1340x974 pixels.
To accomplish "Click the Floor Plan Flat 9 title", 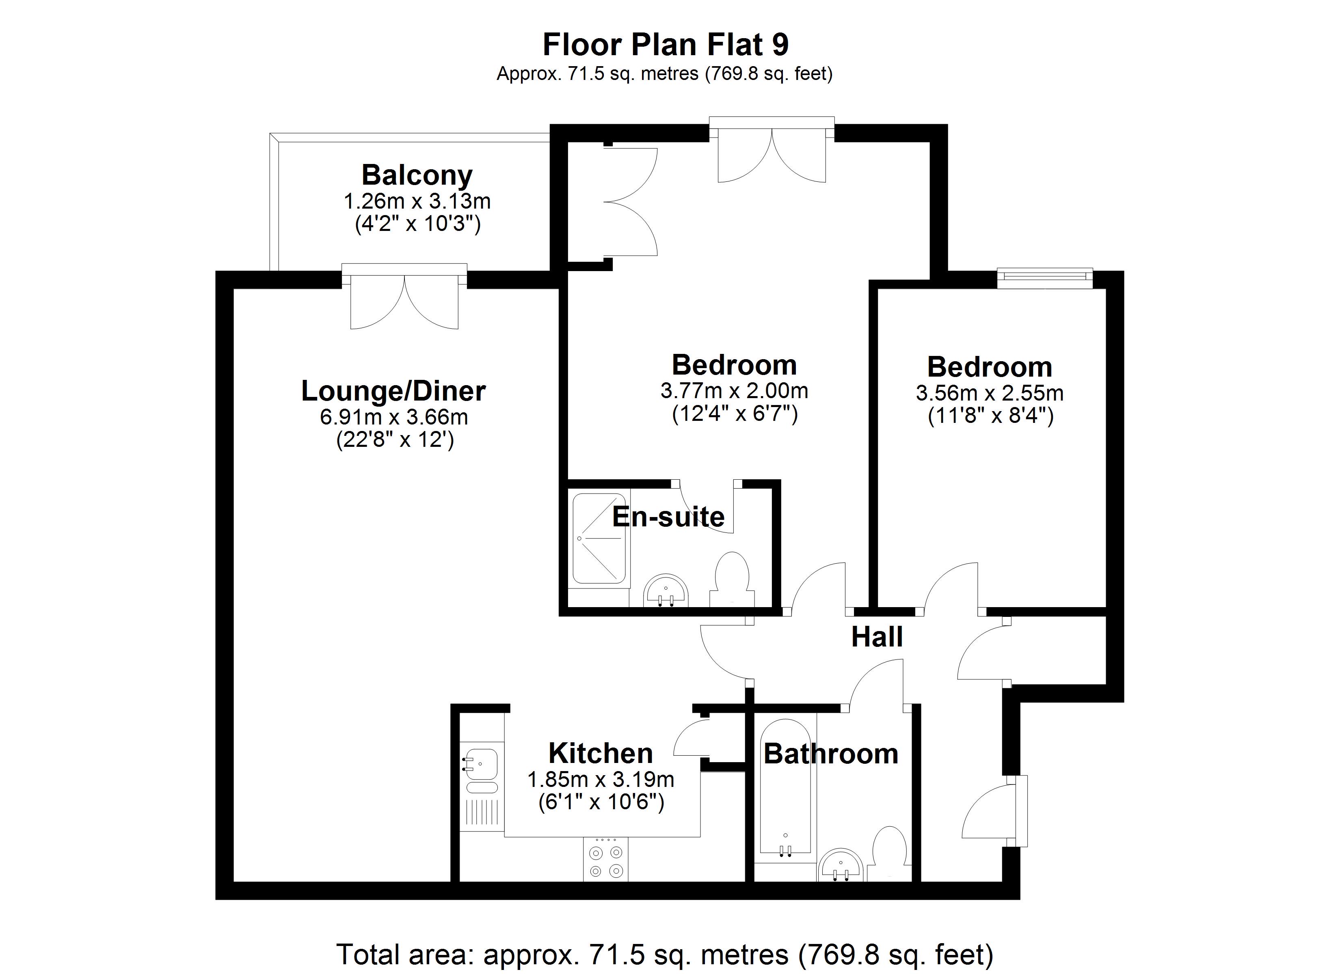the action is [665, 45].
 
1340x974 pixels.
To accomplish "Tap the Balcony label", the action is [417, 175].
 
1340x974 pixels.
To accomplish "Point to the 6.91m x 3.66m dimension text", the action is [394, 418].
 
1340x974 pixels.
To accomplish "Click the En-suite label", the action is [668, 517].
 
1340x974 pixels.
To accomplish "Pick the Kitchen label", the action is [600, 754].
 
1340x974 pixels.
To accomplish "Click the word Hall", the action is [877, 637].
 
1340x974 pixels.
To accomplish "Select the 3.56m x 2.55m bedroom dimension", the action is [990, 393].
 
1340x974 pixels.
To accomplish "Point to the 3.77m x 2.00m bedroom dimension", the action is [735, 391].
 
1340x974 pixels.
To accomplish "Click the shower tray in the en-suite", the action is [599, 539].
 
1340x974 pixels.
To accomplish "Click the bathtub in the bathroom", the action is [785, 787].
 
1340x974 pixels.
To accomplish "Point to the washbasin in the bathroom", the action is [842, 865].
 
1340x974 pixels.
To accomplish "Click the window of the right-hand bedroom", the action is [1044, 278].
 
